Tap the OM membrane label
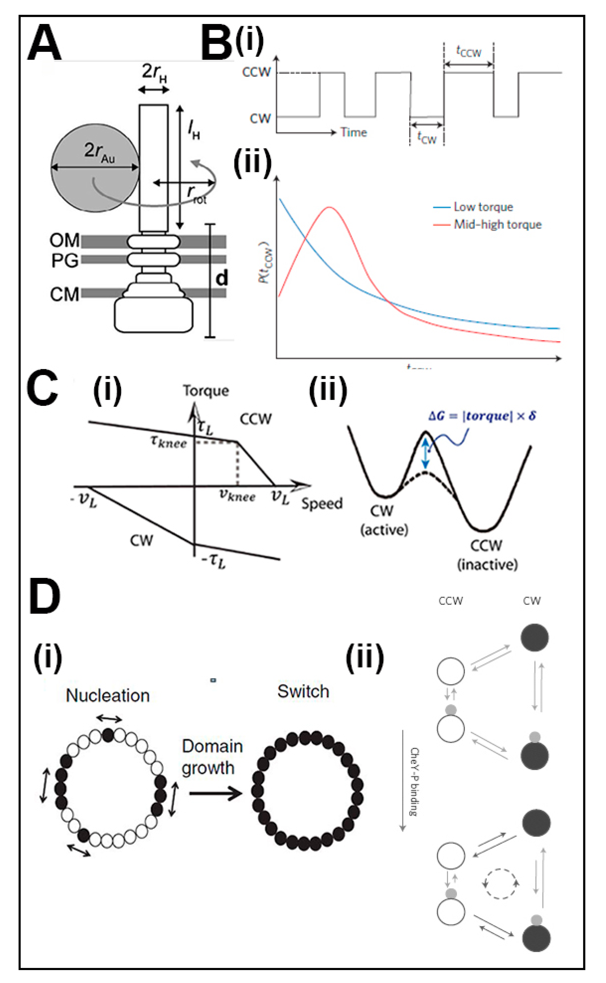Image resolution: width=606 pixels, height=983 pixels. click(64, 241)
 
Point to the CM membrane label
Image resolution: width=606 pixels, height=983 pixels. click(64, 295)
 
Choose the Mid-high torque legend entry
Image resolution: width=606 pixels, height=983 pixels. click(497, 225)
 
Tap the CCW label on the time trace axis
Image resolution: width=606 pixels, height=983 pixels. click(256, 73)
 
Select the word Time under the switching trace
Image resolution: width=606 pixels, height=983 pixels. click(354, 133)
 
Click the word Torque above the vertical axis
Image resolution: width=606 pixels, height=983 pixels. click(206, 391)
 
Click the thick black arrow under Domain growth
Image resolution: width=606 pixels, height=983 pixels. click(216, 793)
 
